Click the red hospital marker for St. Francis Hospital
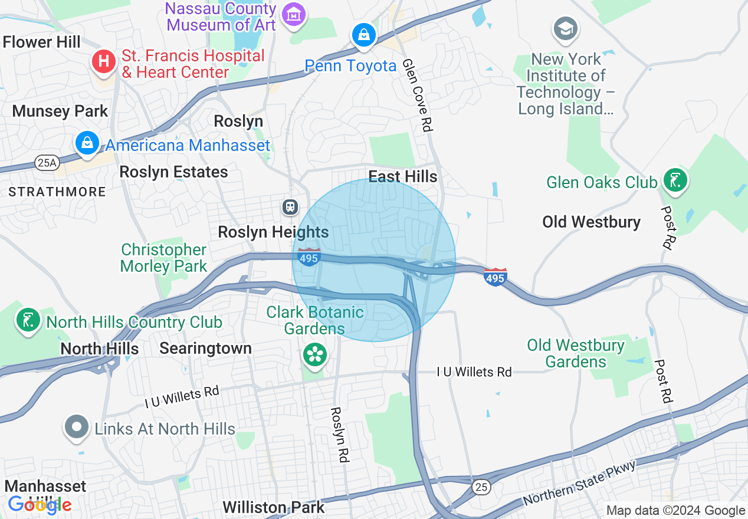(104, 62)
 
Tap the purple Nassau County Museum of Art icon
(293, 15)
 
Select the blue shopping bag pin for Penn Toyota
(365, 35)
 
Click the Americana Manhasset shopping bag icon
(87, 143)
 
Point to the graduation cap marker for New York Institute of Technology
(565, 28)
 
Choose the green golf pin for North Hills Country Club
(28, 320)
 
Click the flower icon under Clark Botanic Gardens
(314, 354)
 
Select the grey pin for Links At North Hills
(76, 427)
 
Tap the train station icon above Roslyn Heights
(290, 206)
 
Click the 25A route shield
(47, 163)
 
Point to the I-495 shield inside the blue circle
(309, 258)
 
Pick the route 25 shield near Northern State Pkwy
(481, 486)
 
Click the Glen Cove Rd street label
(417, 94)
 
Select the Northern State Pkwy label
(579, 482)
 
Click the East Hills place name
(403, 176)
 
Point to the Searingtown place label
(205, 348)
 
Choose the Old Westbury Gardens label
(576, 353)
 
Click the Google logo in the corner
(40, 504)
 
